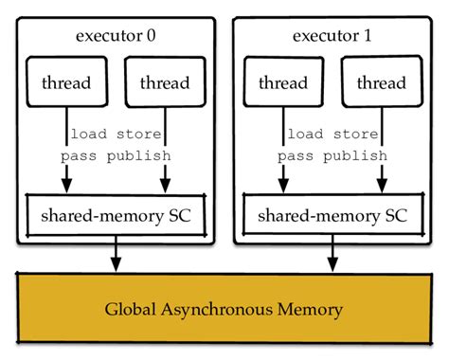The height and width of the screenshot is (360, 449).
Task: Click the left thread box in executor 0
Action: tap(66, 82)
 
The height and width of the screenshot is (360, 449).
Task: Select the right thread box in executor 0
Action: tap(165, 82)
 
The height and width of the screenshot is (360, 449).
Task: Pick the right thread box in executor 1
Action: tap(382, 82)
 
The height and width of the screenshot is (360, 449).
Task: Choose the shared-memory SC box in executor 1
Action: tap(332, 215)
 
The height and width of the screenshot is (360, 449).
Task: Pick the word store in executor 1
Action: tap(358, 134)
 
